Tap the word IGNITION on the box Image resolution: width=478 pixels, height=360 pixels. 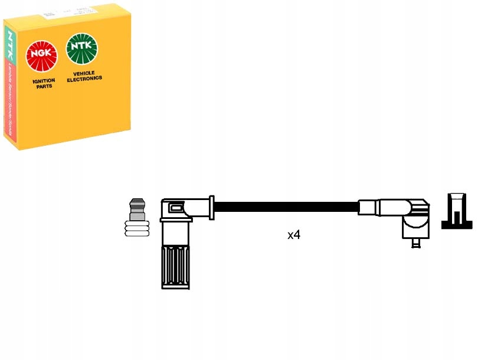43,81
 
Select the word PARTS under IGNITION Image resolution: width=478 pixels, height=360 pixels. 44,87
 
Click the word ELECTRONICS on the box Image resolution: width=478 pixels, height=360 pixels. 85,78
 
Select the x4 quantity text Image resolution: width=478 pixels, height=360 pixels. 293,235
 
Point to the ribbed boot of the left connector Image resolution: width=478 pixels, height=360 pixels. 176,266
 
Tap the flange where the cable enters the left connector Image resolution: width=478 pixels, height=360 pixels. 211,207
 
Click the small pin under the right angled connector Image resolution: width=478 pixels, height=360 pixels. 417,242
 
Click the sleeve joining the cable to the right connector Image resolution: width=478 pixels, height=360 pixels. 367,207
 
